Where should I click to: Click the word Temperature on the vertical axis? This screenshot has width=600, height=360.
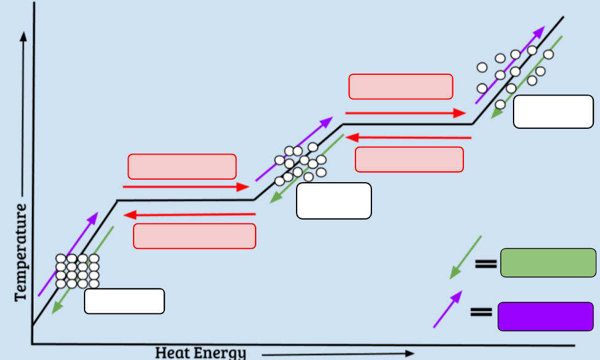21,253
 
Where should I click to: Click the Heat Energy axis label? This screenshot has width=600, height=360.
200,353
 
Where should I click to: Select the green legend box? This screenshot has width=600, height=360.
548,262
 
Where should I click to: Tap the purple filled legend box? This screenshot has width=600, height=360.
545,316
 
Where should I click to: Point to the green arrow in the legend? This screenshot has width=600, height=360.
465,258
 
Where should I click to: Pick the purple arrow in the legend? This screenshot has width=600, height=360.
448,309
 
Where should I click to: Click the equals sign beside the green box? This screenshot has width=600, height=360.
486,264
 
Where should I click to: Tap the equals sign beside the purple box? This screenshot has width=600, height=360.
481,312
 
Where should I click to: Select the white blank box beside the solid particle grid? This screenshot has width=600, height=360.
124,301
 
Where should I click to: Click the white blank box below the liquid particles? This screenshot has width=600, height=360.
333,201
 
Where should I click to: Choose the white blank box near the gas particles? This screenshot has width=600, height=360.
553,112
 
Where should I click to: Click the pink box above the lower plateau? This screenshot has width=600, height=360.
182,167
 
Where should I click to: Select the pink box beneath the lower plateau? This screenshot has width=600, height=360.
194,236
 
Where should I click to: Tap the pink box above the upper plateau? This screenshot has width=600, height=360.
401,86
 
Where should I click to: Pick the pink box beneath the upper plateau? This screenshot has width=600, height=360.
409,159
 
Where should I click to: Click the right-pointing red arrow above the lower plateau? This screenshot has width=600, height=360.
186,187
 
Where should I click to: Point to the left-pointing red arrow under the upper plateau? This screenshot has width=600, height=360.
408,137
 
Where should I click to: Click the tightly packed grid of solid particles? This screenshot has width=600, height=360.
77,270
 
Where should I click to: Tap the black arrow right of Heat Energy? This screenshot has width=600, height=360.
338,354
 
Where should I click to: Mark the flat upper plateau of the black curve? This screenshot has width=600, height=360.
408,124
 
